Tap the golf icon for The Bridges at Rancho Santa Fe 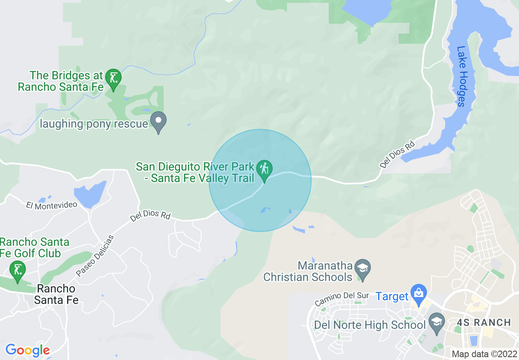coord(113,77)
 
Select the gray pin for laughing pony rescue coord(158,121)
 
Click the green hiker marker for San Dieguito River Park coord(264,169)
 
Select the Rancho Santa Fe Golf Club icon coord(17,270)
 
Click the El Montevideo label coord(52,205)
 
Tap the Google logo coord(27,350)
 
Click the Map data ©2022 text coord(484,354)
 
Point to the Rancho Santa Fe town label coord(56,294)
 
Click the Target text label coord(392,296)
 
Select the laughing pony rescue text coord(94,124)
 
